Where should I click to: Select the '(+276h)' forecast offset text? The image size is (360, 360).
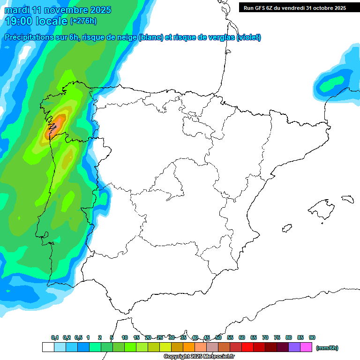(x=83, y=21)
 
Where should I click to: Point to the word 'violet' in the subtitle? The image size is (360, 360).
(x=248, y=37)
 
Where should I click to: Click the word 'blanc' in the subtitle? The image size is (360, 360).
(x=150, y=37)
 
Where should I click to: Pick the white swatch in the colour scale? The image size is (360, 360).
(x=48, y=347)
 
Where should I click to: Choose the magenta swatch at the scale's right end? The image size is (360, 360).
(x=306, y=347)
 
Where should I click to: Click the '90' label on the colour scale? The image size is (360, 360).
(x=312, y=337)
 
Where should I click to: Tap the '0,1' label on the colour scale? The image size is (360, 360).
(x=55, y=337)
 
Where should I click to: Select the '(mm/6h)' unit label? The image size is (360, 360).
(x=327, y=348)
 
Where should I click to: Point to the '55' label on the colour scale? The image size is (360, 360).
(x=230, y=337)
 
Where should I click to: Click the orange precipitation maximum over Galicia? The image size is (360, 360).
(x=54, y=126)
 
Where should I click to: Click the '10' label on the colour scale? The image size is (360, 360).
(x=125, y=337)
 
